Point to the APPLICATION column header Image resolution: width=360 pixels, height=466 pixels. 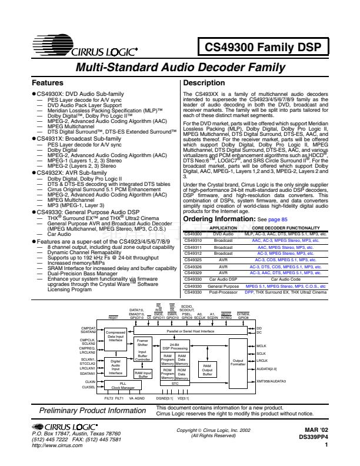pos(223,228)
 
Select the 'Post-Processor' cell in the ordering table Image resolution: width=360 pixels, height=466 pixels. pos(223,291)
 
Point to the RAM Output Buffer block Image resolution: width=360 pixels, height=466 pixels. pos(207,369)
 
